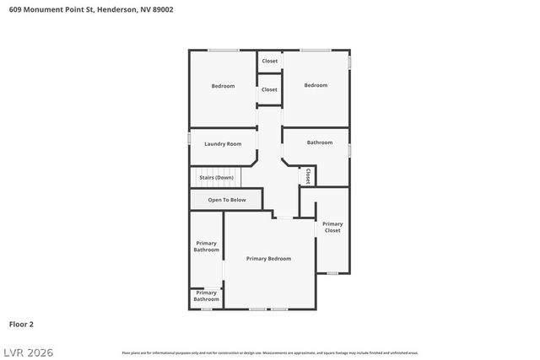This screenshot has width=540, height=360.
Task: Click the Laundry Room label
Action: [223, 143]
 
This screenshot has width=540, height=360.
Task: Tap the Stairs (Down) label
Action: [216, 178]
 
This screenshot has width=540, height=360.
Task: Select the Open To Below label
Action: [227, 200]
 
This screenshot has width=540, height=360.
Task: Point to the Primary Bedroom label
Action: [268, 258]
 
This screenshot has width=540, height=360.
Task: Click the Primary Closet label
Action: [332, 227]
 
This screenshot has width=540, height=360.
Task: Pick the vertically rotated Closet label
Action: [308, 175]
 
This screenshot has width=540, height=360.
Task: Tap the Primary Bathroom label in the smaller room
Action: [206, 296]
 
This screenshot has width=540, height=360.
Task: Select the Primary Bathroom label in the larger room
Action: [206, 246]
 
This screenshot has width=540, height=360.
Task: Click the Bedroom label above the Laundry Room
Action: [223, 86]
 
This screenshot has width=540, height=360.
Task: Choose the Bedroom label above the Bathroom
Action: [316, 85]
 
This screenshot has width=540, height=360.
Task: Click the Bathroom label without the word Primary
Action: [319, 142]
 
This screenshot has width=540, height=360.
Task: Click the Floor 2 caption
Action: [21, 324]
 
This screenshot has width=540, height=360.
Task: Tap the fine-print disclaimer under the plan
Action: [269, 352]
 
